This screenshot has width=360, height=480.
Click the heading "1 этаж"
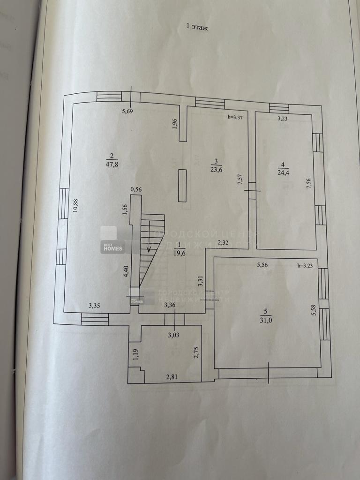[x=197, y=28]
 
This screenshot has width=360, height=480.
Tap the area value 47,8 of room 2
[x=112, y=164]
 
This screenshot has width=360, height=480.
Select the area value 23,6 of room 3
[x=216, y=170]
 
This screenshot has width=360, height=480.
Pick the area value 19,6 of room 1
[x=179, y=253]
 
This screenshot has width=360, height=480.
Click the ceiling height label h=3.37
[x=234, y=117]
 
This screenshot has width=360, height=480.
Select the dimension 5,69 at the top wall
[x=127, y=111]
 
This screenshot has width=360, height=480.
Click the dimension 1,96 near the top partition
[x=174, y=123]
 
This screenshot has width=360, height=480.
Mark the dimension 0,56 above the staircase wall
[x=136, y=189]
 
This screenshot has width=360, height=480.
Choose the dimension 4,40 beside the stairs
[x=126, y=272]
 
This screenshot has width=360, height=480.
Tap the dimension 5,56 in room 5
[x=262, y=265]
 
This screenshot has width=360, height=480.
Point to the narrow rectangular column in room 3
[x=182, y=186]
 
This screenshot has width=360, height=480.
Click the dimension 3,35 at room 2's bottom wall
[x=95, y=306]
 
